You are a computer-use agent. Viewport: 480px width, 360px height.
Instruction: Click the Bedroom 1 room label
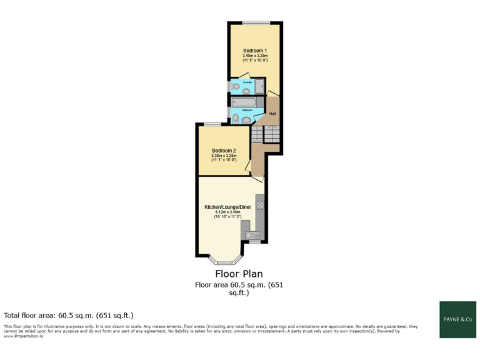pyautogui.click(x=255, y=50)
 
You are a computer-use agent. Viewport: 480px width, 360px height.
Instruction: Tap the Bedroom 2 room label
pyautogui.click(x=224, y=151)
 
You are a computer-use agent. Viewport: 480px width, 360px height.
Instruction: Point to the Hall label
pyautogui.click(x=272, y=114)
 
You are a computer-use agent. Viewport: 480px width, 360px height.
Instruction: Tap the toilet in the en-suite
pyautogui.click(x=234, y=87)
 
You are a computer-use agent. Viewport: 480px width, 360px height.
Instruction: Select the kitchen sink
pyautogui.click(x=252, y=235)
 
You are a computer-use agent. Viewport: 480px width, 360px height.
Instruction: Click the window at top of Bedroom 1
pyautogui.click(x=252, y=23)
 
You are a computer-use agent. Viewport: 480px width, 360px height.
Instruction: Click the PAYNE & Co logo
pyautogui.click(x=458, y=319)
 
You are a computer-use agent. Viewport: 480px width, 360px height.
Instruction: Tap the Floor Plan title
pyautogui.click(x=239, y=274)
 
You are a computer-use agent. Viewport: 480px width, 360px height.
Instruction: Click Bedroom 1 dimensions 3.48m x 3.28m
pyautogui.click(x=255, y=56)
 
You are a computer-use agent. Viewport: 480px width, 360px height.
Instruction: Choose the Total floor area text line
pyautogui.click(x=69, y=315)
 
